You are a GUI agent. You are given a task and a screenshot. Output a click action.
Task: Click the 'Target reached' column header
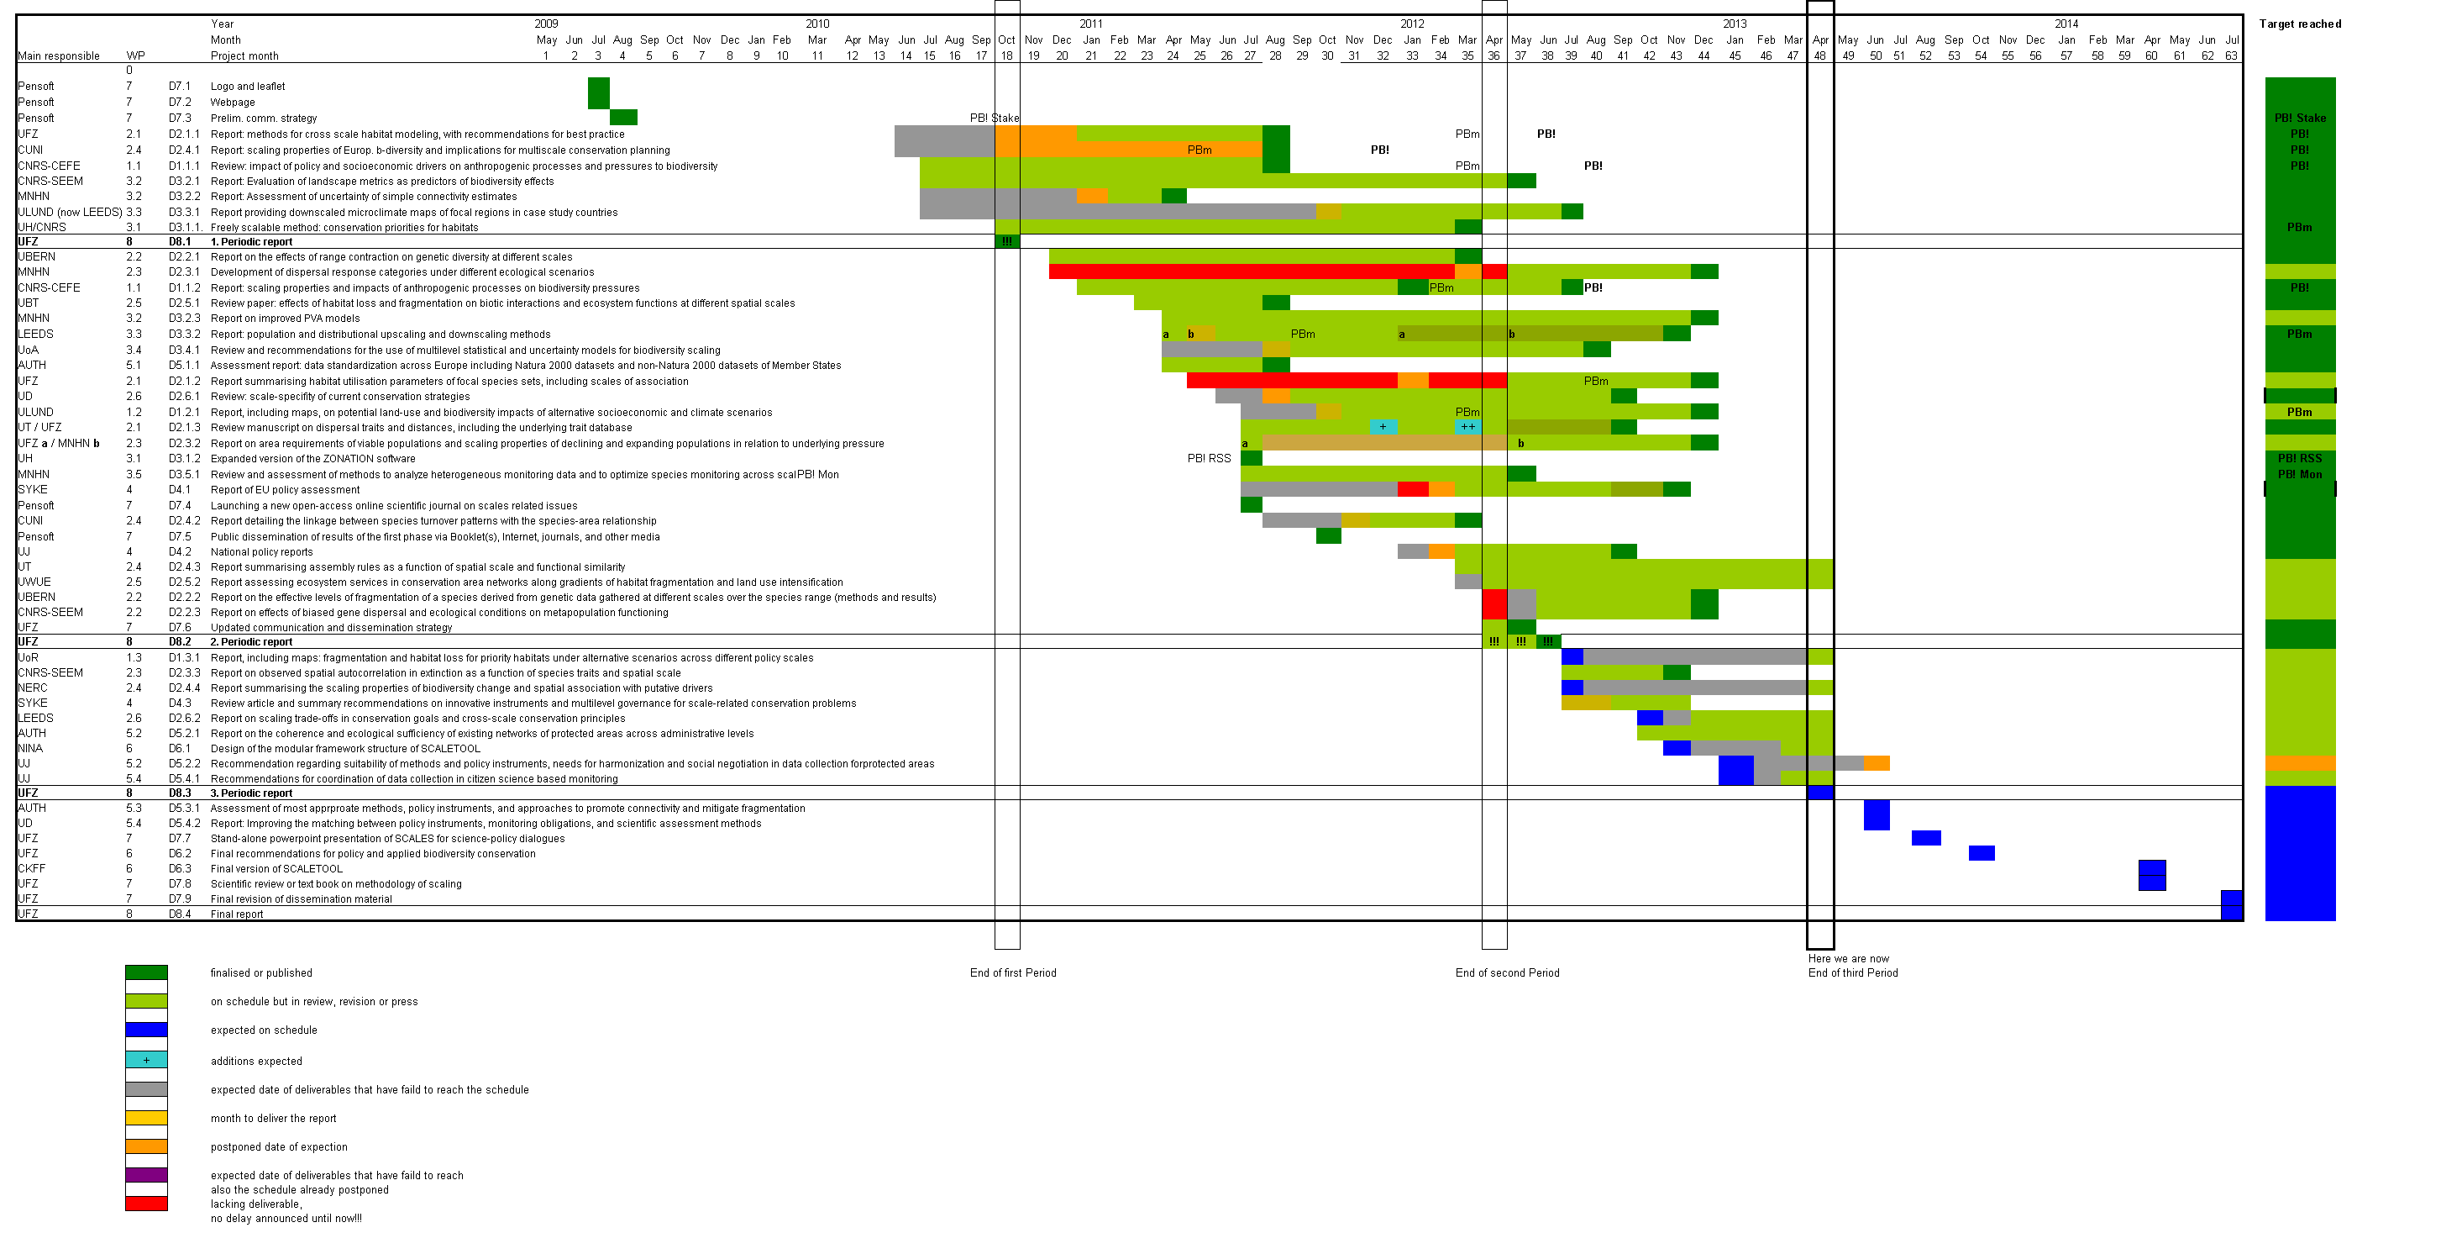2299,24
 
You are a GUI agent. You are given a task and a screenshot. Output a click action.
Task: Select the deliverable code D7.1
180,87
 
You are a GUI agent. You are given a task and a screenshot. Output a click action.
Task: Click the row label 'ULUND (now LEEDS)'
69,213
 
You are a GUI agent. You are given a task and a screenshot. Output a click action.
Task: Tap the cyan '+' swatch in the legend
146,1060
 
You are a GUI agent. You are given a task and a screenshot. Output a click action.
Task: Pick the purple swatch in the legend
146,1174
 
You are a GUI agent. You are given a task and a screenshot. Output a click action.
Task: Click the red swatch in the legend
146,1204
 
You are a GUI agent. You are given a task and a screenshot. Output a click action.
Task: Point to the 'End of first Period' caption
1012,972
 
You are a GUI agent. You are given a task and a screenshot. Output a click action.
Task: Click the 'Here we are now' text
1848,958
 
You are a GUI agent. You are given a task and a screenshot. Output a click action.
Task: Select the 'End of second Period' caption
1507,972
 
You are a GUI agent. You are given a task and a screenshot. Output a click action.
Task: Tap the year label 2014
2066,24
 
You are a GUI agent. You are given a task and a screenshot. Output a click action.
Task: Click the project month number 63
2231,56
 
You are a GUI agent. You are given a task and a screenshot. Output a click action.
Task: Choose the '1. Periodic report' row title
251,242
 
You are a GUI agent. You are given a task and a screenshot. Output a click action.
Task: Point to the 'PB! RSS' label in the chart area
1208,459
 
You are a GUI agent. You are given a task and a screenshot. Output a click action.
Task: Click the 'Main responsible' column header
59,56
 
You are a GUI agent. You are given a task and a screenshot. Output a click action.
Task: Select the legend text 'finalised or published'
260,972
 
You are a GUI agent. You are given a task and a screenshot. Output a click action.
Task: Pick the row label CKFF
31,868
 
